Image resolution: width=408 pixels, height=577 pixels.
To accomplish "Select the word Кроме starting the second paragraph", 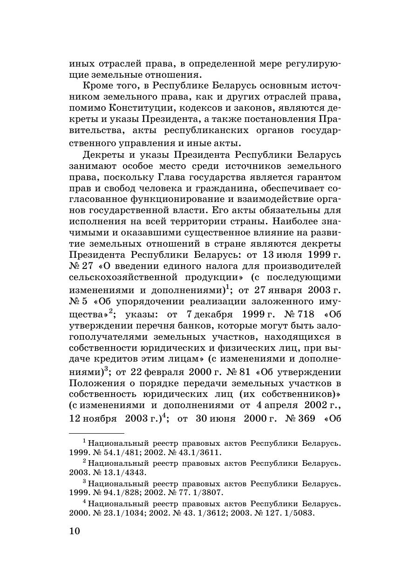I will (x=96, y=86).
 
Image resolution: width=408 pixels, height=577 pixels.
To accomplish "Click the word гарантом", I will (x=317, y=177).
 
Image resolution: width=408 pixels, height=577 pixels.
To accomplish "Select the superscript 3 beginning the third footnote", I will (x=85, y=481).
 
